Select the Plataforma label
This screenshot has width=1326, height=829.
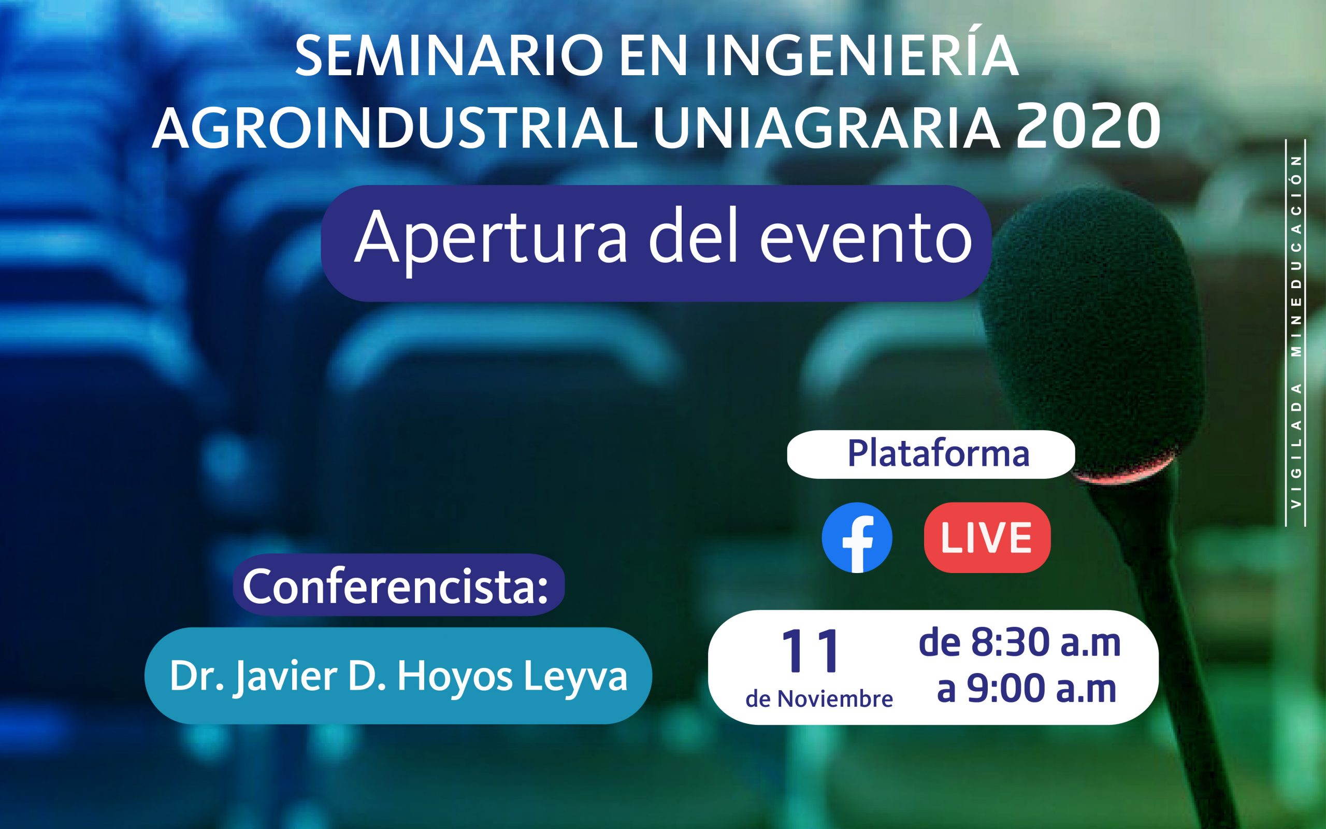[x=939, y=454]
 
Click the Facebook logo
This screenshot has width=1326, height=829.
[x=857, y=537]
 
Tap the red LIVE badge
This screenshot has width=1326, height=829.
[x=987, y=537]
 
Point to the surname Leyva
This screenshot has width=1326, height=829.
[x=576, y=678]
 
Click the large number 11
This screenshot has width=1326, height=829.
[x=812, y=651]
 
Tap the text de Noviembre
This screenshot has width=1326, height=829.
[x=819, y=699]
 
